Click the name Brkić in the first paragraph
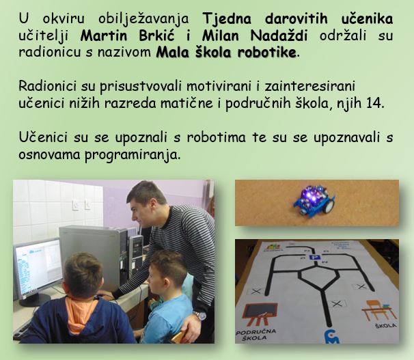point(156,36)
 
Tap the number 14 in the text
point(374,103)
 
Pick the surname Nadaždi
point(279,36)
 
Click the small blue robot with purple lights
point(314,199)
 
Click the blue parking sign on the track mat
point(314,258)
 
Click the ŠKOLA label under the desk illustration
point(386,326)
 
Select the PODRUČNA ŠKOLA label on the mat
point(256,335)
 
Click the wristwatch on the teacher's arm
point(199,315)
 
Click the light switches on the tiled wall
point(81,205)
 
